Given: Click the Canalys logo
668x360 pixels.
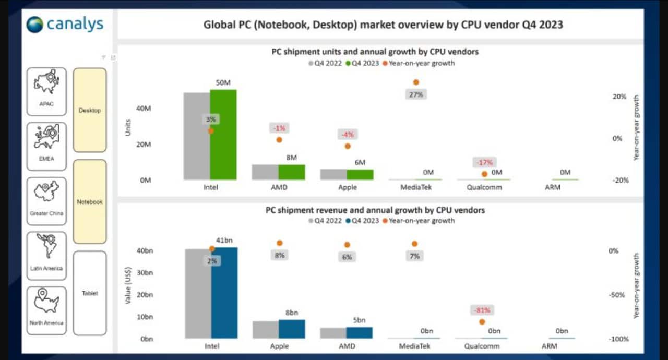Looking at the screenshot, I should tap(65, 24).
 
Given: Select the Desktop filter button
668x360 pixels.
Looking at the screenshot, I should tap(90, 110).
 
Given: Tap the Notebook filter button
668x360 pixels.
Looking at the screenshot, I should tap(90, 201).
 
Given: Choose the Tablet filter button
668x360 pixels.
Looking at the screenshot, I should tap(90, 293).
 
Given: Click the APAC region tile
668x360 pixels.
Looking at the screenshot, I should tap(46, 91).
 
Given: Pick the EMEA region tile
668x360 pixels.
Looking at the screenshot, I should tap(46, 146).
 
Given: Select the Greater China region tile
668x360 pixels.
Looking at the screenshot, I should tap(46, 201).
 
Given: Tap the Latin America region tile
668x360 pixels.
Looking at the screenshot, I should tap(46, 256).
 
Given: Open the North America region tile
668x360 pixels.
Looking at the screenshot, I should tap(46, 310).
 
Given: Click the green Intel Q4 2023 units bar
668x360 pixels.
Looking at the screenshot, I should tap(223, 135).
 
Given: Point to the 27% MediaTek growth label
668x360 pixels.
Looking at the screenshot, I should tap(416, 94).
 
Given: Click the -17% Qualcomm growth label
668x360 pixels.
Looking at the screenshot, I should tap(483, 162).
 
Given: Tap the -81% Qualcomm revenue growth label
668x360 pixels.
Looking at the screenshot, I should tap(482, 310).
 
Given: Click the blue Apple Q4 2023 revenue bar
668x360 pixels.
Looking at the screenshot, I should tap(292, 329).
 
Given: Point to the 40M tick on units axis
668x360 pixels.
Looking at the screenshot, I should tap(144, 109).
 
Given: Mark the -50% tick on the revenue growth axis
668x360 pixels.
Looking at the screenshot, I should tap(617, 295).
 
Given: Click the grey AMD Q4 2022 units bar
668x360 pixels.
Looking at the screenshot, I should tap(265, 172).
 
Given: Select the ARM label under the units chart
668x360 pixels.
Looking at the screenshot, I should tap(553, 187).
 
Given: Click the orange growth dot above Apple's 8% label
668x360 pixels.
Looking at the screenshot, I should tap(280, 243).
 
